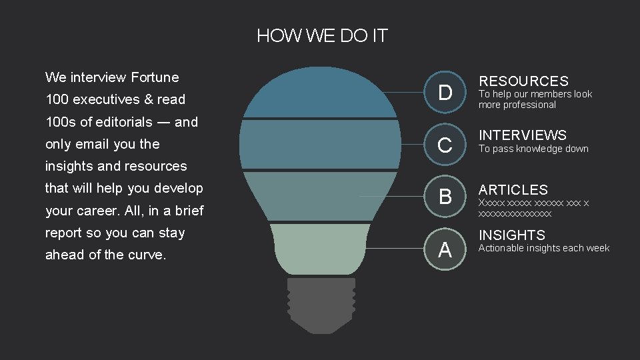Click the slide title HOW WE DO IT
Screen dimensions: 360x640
[322, 36]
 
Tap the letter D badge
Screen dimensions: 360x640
[445, 92]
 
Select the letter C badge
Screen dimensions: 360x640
[445, 144]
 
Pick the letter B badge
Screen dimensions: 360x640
[445, 197]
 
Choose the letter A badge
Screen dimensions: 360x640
[445, 249]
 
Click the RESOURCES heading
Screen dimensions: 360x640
[523, 81]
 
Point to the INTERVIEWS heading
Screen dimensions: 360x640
[522, 135]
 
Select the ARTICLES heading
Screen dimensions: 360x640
[513, 190]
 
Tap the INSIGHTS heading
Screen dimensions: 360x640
[511, 235]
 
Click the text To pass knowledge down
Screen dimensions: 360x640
[533, 149]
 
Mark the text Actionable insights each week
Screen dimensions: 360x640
[544, 248]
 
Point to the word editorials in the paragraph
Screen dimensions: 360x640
[123, 122]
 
